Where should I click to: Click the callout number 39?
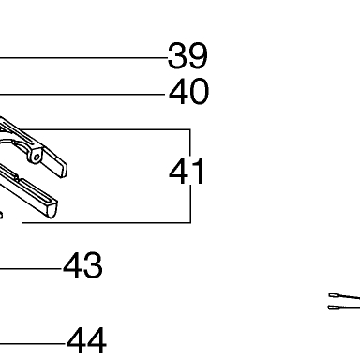pyautogui.click(x=187, y=56)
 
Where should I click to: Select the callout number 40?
pyautogui.click(x=188, y=92)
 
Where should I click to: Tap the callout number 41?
pyautogui.click(x=187, y=172)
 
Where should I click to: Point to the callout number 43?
pyautogui.click(x=82, y=266)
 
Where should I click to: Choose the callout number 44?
pyautogui.click(x=86, y=340)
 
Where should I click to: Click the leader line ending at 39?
pyautogui.click(x=83, y=58)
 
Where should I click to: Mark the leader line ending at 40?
pyautogui.click(x=82, y=94)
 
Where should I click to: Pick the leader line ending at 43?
pyautogui.click(x=31, y=268)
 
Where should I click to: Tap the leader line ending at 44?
pyautogui.click(x=33, y=344)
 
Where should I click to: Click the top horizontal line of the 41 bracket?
pyautogui.click(x=105, y=129)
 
